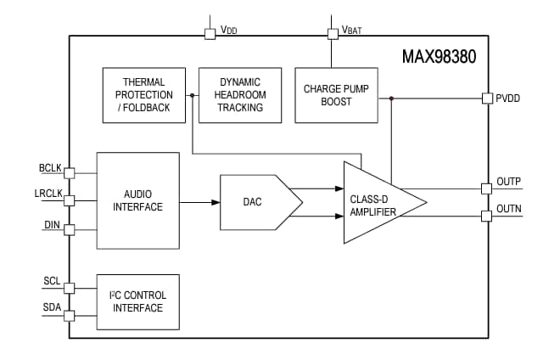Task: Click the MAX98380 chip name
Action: click(x=440, y=58)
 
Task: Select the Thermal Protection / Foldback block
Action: click(x=143, y=95)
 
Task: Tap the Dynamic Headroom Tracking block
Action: click(x=240, y=95)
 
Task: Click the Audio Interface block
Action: click(x=137, y=200)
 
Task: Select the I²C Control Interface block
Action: click(x=137, y=301)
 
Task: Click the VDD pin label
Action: click(x=229, y=30)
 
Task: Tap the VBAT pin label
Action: click(x=351, y=31)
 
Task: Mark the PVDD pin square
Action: click(x=486, y=98)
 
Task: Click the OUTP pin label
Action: click(x=508, y=181)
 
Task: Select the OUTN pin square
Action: click(x=486, y=216)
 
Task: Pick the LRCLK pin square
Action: click(x=70, y=201)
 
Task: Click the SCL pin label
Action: click(x=52, y=281)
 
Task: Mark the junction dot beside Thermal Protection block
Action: click(x=193, y=95)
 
